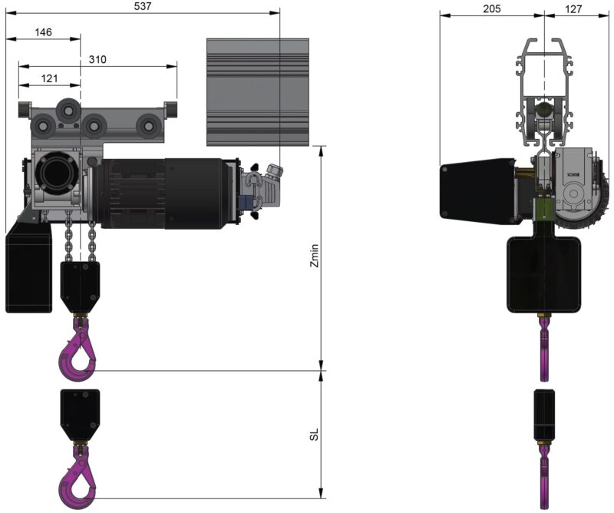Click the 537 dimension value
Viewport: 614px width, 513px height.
click(x=143, y=6)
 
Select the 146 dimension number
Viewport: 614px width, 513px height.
click(x=43, y=32)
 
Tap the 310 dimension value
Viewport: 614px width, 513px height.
click(x=97, y=59)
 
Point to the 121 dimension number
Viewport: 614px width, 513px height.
click(x=50, y=78)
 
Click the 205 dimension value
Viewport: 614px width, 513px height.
click(x=491, y=8)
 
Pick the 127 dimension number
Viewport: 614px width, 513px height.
click(x=573, y=8)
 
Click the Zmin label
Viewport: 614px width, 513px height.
click(x=315, y=255)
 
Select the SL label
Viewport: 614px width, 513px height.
click(x=315, y=434)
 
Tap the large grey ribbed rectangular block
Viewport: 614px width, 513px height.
click(x=258, y=92)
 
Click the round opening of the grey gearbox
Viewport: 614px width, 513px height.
click(x=54, y=172)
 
